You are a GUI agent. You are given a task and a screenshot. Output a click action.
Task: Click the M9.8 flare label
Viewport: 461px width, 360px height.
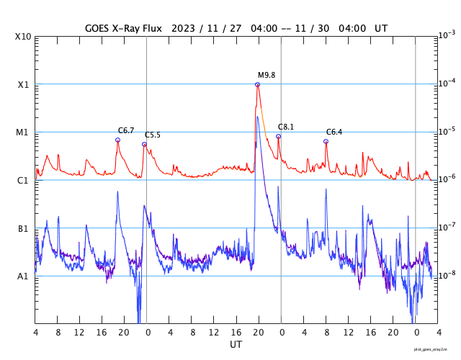tap(267, 75)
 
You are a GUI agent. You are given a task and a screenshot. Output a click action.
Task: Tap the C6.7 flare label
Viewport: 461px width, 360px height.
tap(126, 130)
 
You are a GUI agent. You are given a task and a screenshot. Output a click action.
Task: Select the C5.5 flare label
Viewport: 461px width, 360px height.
tap(153, 135)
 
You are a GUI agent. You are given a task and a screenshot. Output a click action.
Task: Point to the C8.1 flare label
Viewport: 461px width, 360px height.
tap(286, 127)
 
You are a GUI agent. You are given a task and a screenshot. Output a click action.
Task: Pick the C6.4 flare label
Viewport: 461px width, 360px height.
tap(334, 132)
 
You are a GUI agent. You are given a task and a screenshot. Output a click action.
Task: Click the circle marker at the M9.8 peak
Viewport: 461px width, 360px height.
tap(257, 84)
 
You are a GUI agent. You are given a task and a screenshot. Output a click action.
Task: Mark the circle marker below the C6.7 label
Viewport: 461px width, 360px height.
tap(117, 140)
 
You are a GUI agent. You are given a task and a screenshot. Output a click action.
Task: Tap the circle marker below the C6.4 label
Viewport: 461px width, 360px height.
tap(326, 141)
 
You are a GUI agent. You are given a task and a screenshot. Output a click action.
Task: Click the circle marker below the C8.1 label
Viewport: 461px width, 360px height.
tap(278, 136)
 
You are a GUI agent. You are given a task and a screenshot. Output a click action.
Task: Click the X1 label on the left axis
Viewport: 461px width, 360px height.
tap(23, 84)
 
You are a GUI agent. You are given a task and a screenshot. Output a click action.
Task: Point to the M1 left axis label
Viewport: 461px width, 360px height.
tap(23, 132)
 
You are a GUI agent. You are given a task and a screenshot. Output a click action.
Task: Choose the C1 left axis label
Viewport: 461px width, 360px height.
tap(23, 180)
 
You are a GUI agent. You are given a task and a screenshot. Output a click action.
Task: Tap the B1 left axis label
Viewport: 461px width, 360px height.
tap(23, 228)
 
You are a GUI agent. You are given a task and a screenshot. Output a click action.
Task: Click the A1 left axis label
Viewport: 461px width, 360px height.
tap(23, 276)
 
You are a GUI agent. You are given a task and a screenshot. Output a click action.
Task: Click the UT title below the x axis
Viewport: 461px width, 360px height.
tap(236, 345)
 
